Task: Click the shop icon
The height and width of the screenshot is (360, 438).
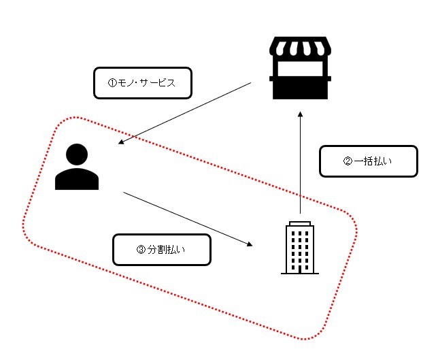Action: pos(300,69)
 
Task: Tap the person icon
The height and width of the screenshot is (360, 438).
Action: pos(77,167)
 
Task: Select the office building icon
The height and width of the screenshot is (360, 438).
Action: pos(299,247)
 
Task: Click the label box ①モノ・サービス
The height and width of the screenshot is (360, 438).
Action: pos(142,83)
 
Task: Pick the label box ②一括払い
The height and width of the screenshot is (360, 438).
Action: pos(368,161)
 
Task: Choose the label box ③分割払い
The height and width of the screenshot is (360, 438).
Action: pos(161,250)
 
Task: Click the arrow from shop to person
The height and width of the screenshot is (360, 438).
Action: pos(184,114)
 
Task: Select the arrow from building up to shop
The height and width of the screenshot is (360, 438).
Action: pos(300,163)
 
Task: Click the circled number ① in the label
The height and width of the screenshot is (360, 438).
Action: pos(113,84)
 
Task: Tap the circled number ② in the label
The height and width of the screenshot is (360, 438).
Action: pos(347,162)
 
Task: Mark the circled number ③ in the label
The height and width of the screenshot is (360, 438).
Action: pos(141,250)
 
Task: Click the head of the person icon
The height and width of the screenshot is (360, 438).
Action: pos(77,154)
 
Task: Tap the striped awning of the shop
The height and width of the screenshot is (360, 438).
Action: pos(300,49)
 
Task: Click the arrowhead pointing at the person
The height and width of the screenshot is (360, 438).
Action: pos(121,143)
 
